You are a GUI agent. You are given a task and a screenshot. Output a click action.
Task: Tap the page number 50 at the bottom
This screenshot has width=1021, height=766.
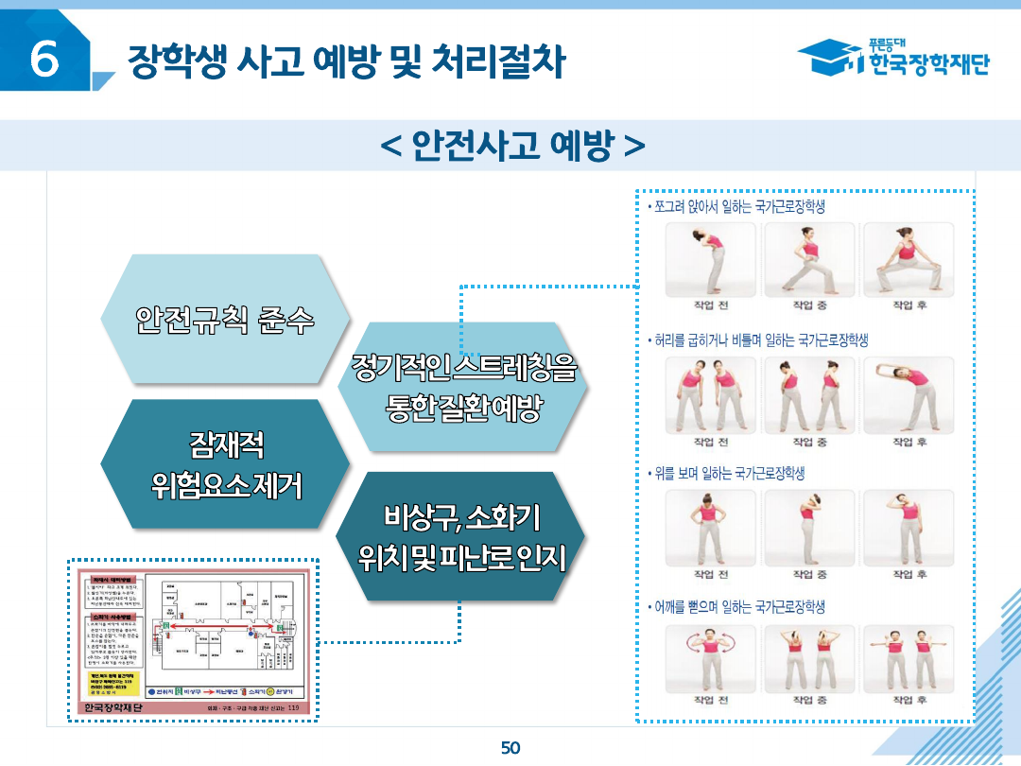click(510, 748)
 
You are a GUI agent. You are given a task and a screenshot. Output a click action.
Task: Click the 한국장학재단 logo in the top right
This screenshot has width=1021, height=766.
click(893, 59)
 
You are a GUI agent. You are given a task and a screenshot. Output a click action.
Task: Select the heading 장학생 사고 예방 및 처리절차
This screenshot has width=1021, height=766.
click(346, 62)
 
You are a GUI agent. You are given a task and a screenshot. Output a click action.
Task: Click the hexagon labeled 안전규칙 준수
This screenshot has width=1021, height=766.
click(225, 320)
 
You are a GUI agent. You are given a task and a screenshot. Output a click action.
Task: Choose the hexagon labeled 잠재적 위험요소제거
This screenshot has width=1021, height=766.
click(225, 463)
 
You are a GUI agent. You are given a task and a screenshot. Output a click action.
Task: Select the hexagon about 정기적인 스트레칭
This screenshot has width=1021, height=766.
click(462, 388)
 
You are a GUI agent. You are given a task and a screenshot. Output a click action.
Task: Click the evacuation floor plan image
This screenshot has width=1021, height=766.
click(194, 640)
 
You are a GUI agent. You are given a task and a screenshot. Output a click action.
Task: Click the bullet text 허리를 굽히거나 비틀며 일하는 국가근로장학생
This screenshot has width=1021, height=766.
click(757, 339)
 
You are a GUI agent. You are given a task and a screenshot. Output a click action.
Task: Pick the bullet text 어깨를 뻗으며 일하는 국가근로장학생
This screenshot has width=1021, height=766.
click(736, 606)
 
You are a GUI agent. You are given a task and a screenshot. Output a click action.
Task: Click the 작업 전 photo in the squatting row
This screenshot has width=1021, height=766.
click(711, 260)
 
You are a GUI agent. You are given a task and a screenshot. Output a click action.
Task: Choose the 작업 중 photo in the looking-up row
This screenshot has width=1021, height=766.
click(809, 527)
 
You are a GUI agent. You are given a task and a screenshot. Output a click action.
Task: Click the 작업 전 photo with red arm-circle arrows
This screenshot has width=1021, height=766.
click(711, 657)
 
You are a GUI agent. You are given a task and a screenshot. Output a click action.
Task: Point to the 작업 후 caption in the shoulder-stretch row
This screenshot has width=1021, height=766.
click(909, 701)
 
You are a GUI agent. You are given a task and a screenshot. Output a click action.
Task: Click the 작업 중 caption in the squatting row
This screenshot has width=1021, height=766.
click(809, 305)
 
